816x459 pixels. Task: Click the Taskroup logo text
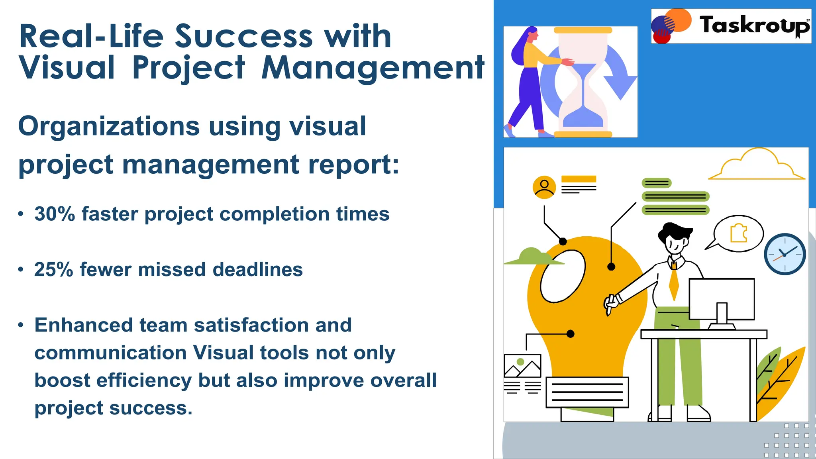754,25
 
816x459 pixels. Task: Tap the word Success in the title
244,37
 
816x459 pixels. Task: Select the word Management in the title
373,69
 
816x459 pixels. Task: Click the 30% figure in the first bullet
55,214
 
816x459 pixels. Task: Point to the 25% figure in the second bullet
54,270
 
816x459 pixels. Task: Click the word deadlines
257,270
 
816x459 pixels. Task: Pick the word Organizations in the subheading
108,127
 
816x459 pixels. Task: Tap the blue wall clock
785,254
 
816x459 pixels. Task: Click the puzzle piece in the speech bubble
738,233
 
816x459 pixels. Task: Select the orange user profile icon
544,187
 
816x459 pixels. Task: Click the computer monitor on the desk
722,299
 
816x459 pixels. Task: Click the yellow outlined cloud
757,165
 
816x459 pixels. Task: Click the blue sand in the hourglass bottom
583,118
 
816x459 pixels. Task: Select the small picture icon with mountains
522,366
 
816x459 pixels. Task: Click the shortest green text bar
657,183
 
